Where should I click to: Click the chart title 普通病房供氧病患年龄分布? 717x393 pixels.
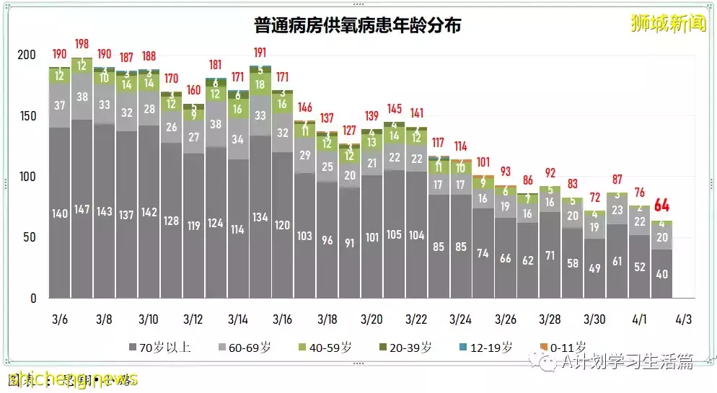click(x=358, y=26)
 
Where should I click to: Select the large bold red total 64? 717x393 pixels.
click(x=661, y=205)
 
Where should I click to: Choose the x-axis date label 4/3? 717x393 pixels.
click(x=683, y=317)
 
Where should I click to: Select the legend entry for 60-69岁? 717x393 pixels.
click(x=249, y=348)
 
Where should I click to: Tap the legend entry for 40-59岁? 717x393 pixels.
click(x=334, y=348)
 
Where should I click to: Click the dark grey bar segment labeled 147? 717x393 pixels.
click(x=82, y=210)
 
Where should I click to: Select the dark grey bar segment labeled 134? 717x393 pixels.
click(x=260, y=217)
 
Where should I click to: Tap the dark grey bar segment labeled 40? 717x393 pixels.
click(x=661, y=274)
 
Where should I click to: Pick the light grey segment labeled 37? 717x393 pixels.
click(x=60, y=105)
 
